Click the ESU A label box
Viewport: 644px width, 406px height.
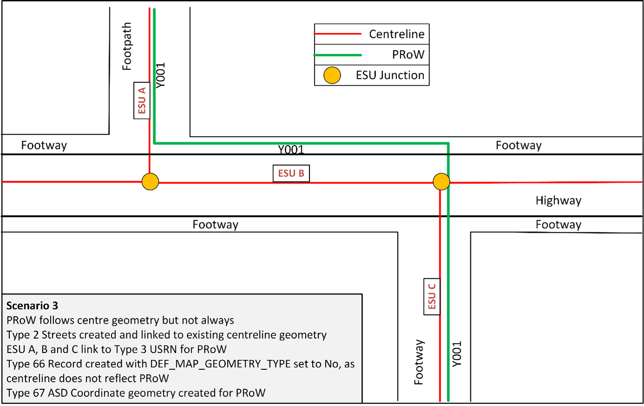coord(142,101)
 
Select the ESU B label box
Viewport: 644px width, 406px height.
coord(291,173)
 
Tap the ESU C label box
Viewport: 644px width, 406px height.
coord(432,297)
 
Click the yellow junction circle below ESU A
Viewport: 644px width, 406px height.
coord(150,182)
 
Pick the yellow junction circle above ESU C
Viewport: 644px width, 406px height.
coord(441,182)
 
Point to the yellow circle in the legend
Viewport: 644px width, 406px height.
coord(332,75)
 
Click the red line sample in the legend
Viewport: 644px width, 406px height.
coord(338,34)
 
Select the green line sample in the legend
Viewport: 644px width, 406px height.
coord(338,55)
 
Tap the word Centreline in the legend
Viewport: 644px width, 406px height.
coord(396,34)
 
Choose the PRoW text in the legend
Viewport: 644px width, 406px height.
coord(408,55)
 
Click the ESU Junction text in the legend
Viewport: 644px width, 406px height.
coord(390,75)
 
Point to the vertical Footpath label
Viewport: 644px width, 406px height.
coord(127,47)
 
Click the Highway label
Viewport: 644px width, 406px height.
coord(558,201)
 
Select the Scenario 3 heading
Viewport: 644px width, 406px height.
coord(32,306)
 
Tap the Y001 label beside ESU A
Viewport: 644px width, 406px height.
coord(161,75)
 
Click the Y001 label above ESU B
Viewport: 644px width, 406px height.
coord(291,150)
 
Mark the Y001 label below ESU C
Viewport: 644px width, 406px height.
coord(457,354)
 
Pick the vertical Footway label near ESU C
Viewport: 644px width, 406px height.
coord(419,362)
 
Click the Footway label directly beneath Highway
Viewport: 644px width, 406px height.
coord(558,225)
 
